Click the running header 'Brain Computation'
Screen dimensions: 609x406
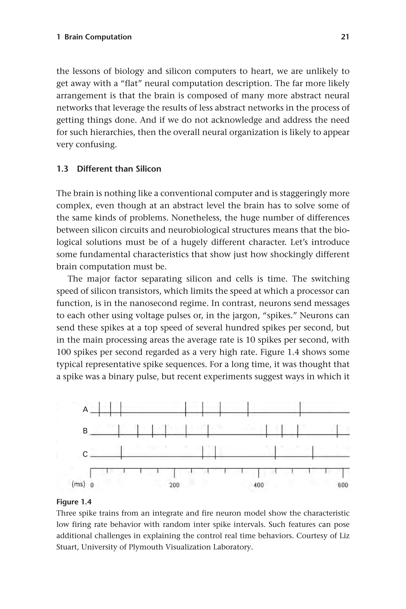[98, 37]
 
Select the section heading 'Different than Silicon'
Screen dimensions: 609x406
[119, 169]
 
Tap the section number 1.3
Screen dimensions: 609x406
[62, 169]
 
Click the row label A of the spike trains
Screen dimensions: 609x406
[85, 409]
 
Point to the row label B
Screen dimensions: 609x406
[85, 431]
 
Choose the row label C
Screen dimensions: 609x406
[85, 454]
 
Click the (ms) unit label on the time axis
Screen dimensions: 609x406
[78, 484]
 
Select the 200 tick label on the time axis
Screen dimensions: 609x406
[174, 485]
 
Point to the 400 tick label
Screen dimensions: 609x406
[259, 485]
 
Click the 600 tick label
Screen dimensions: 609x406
[343, 485]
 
